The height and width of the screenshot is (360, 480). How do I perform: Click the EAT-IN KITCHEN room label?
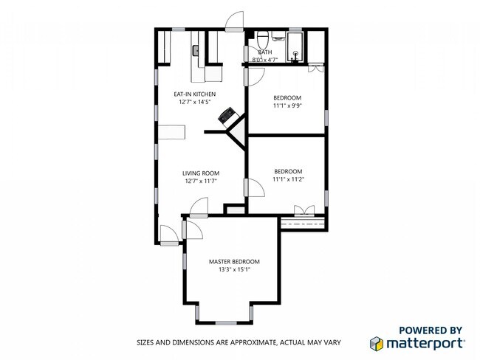tap(195, 94)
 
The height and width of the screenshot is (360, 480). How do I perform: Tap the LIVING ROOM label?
tap(201, 173)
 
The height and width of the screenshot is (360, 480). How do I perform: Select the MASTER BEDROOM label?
tap(234, 261)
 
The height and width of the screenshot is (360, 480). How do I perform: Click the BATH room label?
tap(265, 52)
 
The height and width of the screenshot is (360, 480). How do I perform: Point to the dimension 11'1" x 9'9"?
tap(287, 105)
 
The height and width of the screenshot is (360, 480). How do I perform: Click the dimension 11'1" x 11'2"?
tap(288, 179)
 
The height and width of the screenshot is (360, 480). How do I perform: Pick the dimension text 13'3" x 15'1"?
tap(234, 269)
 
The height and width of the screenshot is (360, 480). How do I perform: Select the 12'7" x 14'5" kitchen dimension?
tap(195, 102)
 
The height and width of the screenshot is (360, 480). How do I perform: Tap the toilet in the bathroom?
tap(263, 39)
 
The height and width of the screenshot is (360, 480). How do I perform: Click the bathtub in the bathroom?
tap(295, 46)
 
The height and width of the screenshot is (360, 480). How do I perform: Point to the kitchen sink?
tap(195, 51)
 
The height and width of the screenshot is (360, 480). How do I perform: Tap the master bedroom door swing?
tap(193, 229)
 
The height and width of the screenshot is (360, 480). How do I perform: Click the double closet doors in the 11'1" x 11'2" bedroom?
tap(304, 211)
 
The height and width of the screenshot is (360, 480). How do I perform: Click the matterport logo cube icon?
tap(377, 344)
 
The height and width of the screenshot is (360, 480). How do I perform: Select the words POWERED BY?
tap(431, 330)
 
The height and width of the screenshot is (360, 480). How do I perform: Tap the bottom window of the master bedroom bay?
tap(226, 322)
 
